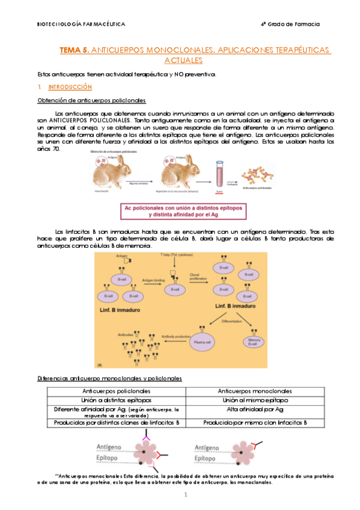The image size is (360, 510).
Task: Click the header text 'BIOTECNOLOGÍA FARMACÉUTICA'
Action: [81, 24]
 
